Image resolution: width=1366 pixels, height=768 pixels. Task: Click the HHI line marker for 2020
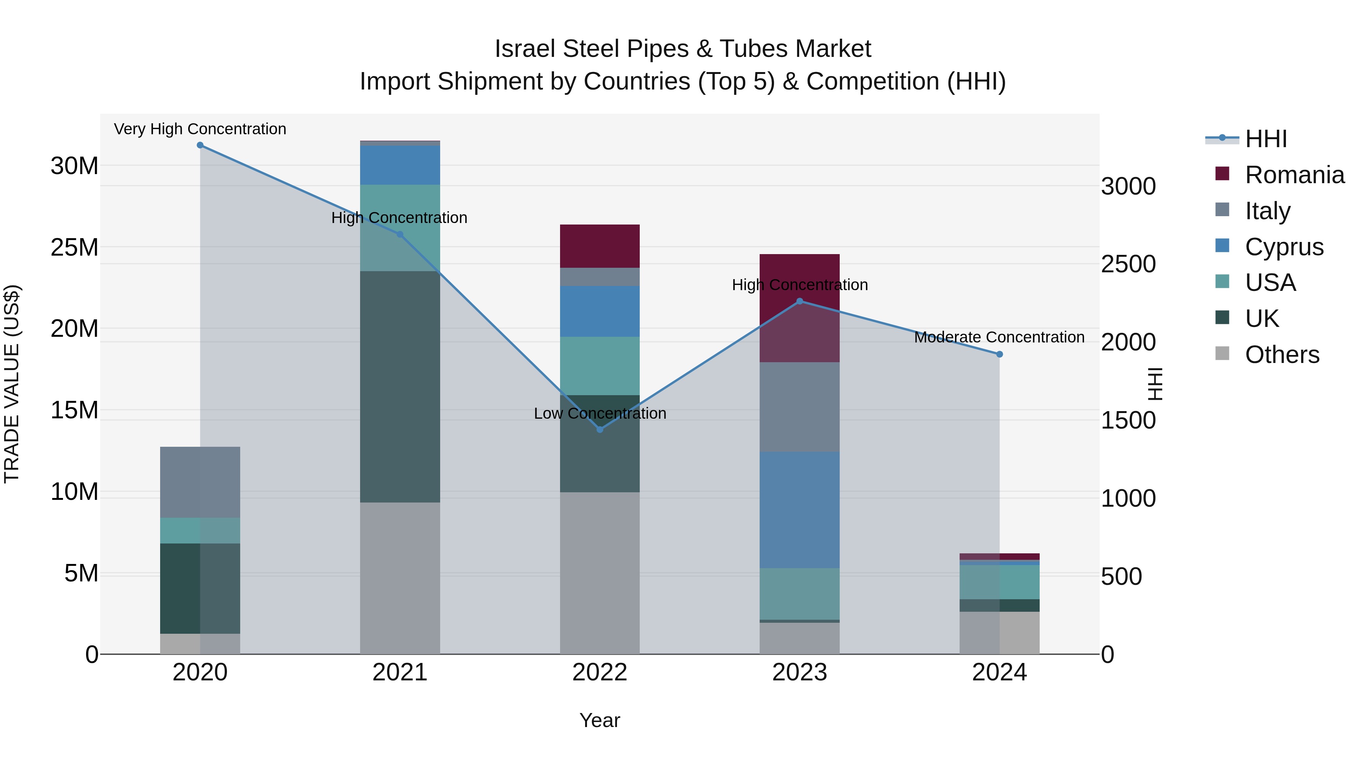(200, 145)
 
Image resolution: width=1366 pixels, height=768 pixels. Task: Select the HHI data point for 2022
(600, 429)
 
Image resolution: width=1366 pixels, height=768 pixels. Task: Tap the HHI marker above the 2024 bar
(999, 354)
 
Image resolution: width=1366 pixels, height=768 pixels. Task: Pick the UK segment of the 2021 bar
(400, 386)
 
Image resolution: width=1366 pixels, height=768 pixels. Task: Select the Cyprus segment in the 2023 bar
(799, 509)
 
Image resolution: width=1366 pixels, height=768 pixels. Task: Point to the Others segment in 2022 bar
(600, 572)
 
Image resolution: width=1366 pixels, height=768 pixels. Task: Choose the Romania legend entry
(1294, 175)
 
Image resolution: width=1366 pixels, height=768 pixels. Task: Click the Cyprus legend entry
(1284, 247)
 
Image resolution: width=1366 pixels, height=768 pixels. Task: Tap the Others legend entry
(1282, 355)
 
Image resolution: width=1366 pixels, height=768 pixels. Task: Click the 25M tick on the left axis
(74, 248)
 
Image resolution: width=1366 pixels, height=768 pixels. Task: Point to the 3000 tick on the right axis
(1128, 187)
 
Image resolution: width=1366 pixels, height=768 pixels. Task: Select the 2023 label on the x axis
(799, 672)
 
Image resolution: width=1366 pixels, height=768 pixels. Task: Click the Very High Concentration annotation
(200, 129)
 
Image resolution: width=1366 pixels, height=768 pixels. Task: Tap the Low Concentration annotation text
(600, 413)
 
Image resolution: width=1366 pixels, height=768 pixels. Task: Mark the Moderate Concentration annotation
(999, 337)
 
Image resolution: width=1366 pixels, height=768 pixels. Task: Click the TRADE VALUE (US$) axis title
(12, 384)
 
